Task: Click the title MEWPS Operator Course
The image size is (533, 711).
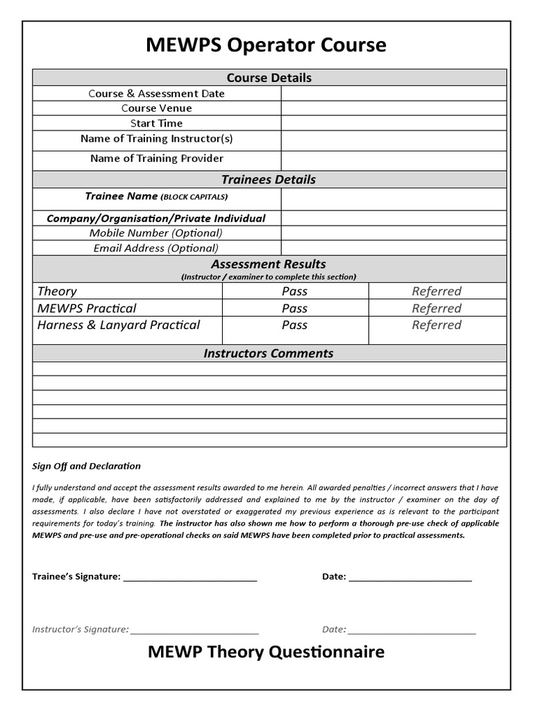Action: (266, 45)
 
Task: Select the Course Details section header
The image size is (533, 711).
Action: (269, 78)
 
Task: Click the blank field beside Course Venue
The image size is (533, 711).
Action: (394, 108)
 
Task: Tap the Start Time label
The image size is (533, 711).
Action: (157, 124)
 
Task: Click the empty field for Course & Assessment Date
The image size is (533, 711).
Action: (394, 93)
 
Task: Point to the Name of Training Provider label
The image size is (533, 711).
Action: (157, 158)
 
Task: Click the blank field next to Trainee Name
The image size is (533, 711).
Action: (394, 199)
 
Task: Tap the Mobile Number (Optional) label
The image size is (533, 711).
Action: (156, 233)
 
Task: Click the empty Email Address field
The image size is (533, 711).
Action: (394, 248)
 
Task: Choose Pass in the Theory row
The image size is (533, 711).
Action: (294, 292)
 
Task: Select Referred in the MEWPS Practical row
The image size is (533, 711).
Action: (437, 308)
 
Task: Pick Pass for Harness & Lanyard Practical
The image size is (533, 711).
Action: (294, 325)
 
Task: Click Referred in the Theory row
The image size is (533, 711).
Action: (437, 292)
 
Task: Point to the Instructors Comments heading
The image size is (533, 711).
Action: (269, 353)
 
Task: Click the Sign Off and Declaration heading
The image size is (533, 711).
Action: (87, 466)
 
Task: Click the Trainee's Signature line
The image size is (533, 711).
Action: (190, 576)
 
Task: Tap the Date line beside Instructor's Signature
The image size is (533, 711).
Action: (412, 629)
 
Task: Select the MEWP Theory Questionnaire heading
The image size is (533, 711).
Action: (266, 652)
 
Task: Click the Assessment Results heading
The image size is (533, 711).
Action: (269, 264)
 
